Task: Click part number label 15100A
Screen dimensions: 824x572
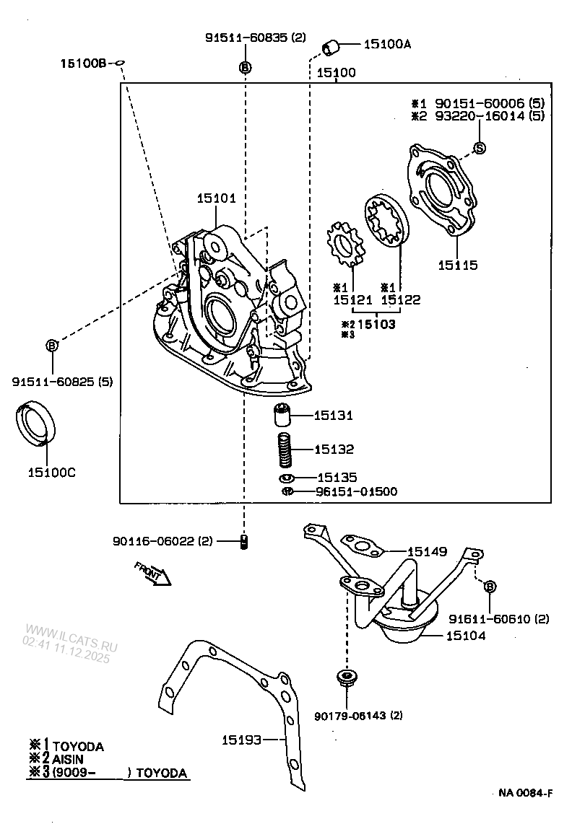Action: pyautogui.click(x=386, y=45)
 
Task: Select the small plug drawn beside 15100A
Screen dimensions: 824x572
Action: pyautogui.click(x=331, y=48)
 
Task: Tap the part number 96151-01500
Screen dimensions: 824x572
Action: pyautogui.click(x=356, y=491)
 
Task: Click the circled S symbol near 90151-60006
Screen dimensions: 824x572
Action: pyautogui.click(x=480, y=148)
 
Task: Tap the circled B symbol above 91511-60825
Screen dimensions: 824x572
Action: pyautogui.click(x=52, y=346)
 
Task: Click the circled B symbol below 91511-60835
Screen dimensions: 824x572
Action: pyautogui.click(x=244, y=67)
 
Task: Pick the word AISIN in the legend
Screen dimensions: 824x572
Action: pyautogui.click(x=67, y=760)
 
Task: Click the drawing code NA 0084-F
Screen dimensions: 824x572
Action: pyautogui.click(x=525, y=793)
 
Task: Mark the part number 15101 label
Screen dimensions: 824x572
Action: pyautogui.click(x=215, y=198)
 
